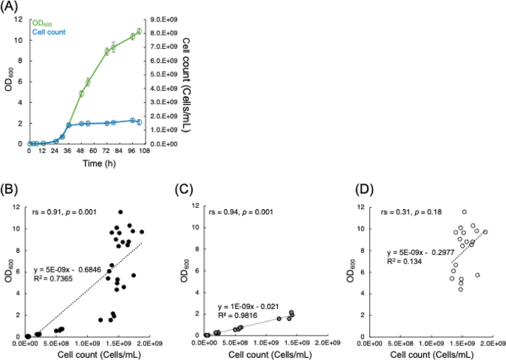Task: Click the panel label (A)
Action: (x=10, y=7)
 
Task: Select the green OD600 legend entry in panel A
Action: (x=44, y=23)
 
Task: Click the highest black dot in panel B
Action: (x=120, y=212)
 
